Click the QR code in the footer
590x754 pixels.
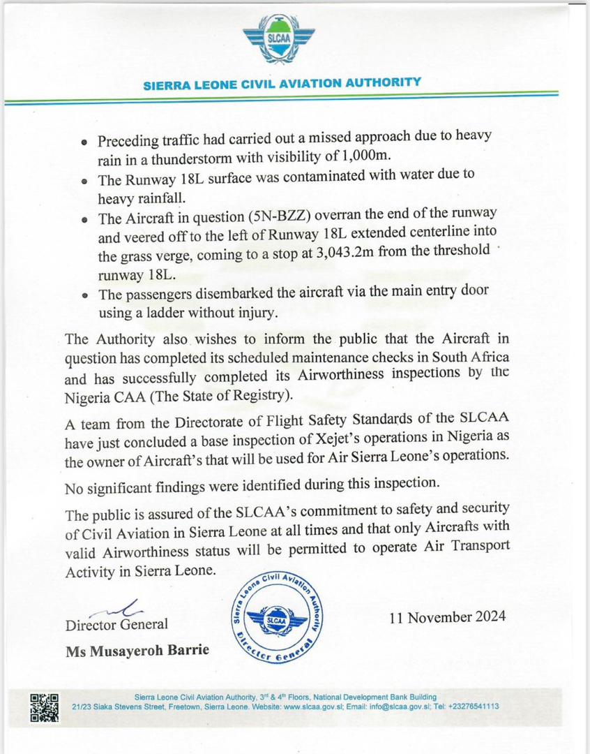[45, 707]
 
